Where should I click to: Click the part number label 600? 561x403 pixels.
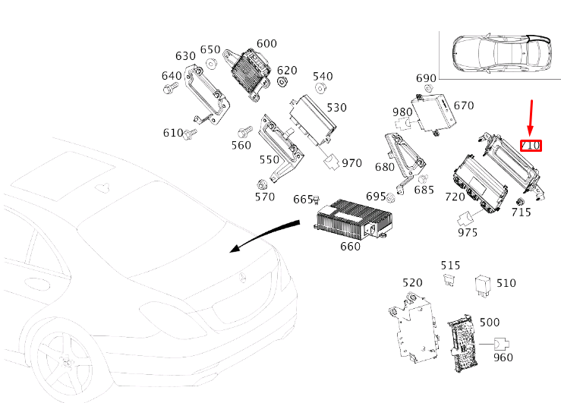click(x=266, y=43)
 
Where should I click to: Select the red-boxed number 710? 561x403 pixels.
click(x=530, y=144)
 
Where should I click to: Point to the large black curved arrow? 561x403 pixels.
click(x=266, y=232)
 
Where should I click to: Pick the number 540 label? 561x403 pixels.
click(x=323, y=76)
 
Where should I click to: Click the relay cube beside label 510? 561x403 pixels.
click(x=482, y=283)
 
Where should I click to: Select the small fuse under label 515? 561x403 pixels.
click(x=449, y=281)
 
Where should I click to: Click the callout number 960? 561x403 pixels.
click(x=503, y=357)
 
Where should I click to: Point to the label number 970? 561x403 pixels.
click(x=351, y=162)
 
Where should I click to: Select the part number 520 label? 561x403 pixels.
click(x=412, y=282)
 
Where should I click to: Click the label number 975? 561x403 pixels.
click(x=468, y=232)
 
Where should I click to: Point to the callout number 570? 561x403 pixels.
click(x=264, y=197)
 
